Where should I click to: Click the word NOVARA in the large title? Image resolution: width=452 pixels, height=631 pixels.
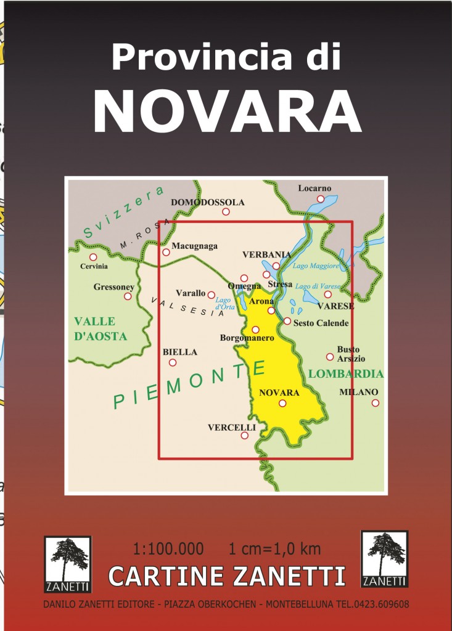point(226,113)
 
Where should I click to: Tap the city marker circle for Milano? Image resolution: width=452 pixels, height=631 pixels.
point(375,403)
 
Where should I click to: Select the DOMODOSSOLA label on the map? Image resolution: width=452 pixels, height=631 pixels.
point(208,202)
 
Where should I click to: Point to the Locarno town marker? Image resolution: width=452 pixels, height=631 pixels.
point(321,198)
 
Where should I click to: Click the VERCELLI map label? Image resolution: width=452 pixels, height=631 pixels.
point(232,426)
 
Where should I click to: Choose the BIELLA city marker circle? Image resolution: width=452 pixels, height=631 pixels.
point(173,362)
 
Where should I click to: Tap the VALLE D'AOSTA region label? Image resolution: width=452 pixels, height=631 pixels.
point(101,329)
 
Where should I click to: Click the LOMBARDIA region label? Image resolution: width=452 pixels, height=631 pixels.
point(346,373)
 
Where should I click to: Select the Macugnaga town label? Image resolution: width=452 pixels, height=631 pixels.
point(194,246)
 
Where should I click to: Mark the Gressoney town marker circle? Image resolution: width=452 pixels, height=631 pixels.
point(128,296)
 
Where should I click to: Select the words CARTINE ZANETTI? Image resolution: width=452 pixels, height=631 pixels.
point(226,576)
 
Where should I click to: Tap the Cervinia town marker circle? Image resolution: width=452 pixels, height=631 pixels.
point(93,257)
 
